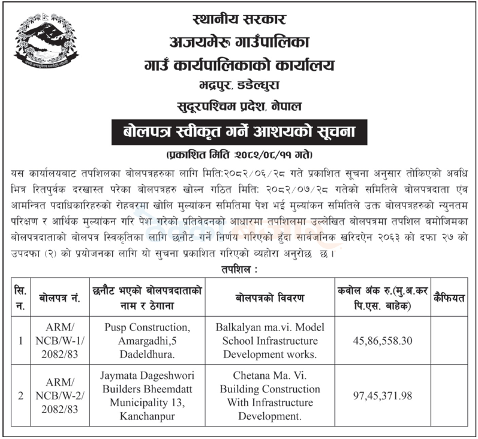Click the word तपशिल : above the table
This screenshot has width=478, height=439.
[x=240, y=269]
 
